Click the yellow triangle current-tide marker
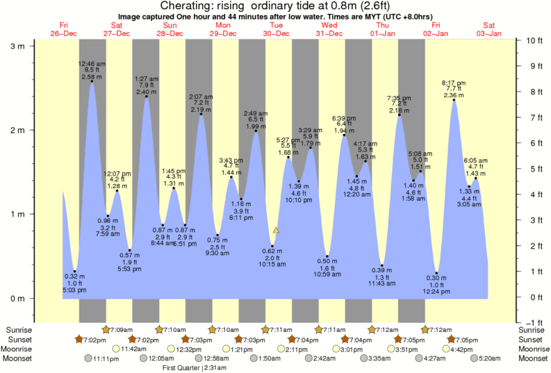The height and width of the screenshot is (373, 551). tap(277, 229)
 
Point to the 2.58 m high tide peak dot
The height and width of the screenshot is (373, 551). tap(92, 81)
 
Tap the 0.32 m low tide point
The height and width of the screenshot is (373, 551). tap(74, 271)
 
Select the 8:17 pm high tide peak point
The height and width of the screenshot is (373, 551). tap(454, 100)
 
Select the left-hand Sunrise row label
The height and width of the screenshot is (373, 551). tap(19, 329)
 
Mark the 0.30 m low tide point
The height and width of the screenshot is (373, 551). tap(437, 273)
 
